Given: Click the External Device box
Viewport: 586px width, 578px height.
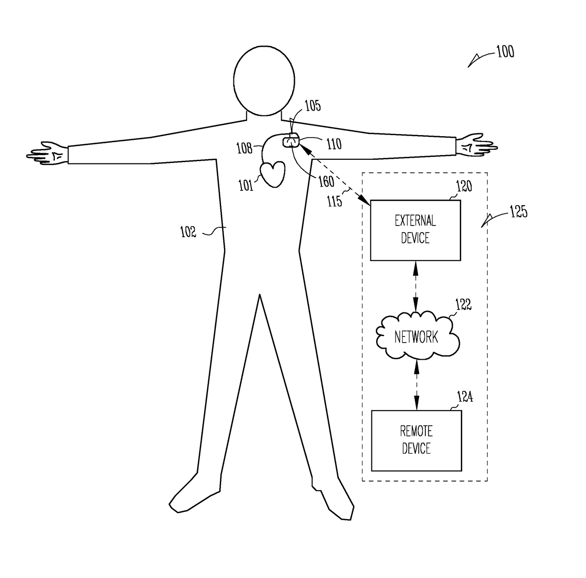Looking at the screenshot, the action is [x=415, y=230].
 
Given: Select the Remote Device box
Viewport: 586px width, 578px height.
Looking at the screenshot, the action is [x=416, y=440].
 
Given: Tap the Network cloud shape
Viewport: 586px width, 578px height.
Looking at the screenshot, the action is [x=416, y=336].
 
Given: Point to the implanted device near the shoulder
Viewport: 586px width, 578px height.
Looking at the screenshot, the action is [x=292, y=141].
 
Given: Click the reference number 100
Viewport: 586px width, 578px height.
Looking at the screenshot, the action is [x=505, y=52].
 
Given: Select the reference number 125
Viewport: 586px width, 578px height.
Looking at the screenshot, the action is [x=518, y=212].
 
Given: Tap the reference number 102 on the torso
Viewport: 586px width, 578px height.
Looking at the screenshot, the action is [x=188, y=232].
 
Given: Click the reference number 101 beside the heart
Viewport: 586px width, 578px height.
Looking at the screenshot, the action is [x=246, y=186].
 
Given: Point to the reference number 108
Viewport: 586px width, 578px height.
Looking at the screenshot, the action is [x=244, y=148].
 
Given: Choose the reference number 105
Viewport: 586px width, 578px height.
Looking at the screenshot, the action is [x=312, y=105].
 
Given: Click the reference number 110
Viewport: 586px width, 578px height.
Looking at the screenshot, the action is [x=334, y=143].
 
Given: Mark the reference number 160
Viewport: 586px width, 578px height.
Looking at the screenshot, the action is [x=327, y=181].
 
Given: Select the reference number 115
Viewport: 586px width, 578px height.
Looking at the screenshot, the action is [x=335, y=201].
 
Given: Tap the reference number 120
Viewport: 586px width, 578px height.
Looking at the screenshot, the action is [x=464, y=187].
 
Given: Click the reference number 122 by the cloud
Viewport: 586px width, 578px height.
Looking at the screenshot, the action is [x=463, y=305].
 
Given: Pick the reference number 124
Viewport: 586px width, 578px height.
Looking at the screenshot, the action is [x=465, y=397].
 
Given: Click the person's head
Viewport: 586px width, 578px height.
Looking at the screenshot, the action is [x=264, y=81].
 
